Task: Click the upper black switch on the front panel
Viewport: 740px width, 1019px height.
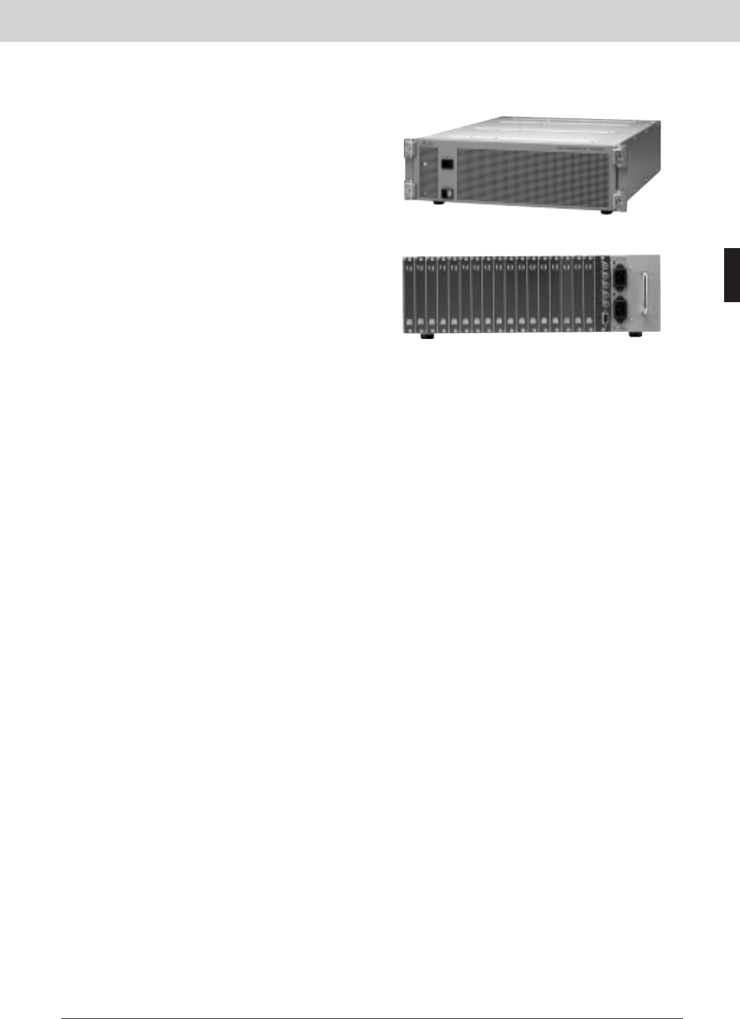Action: point(448,164)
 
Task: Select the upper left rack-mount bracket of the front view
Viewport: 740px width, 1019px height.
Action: point(408,150)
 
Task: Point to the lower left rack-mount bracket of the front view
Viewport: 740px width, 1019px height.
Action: point(409,189)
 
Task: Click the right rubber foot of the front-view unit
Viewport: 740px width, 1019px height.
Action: point(605,212)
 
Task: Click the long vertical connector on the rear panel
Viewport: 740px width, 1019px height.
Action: point(643,294)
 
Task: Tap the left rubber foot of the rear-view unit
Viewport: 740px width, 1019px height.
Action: point(426,336)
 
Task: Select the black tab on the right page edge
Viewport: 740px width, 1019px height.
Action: point(732,275)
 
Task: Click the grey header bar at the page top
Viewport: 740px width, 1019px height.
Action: point(370,20)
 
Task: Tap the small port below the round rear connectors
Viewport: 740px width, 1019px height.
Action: point(603,317)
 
